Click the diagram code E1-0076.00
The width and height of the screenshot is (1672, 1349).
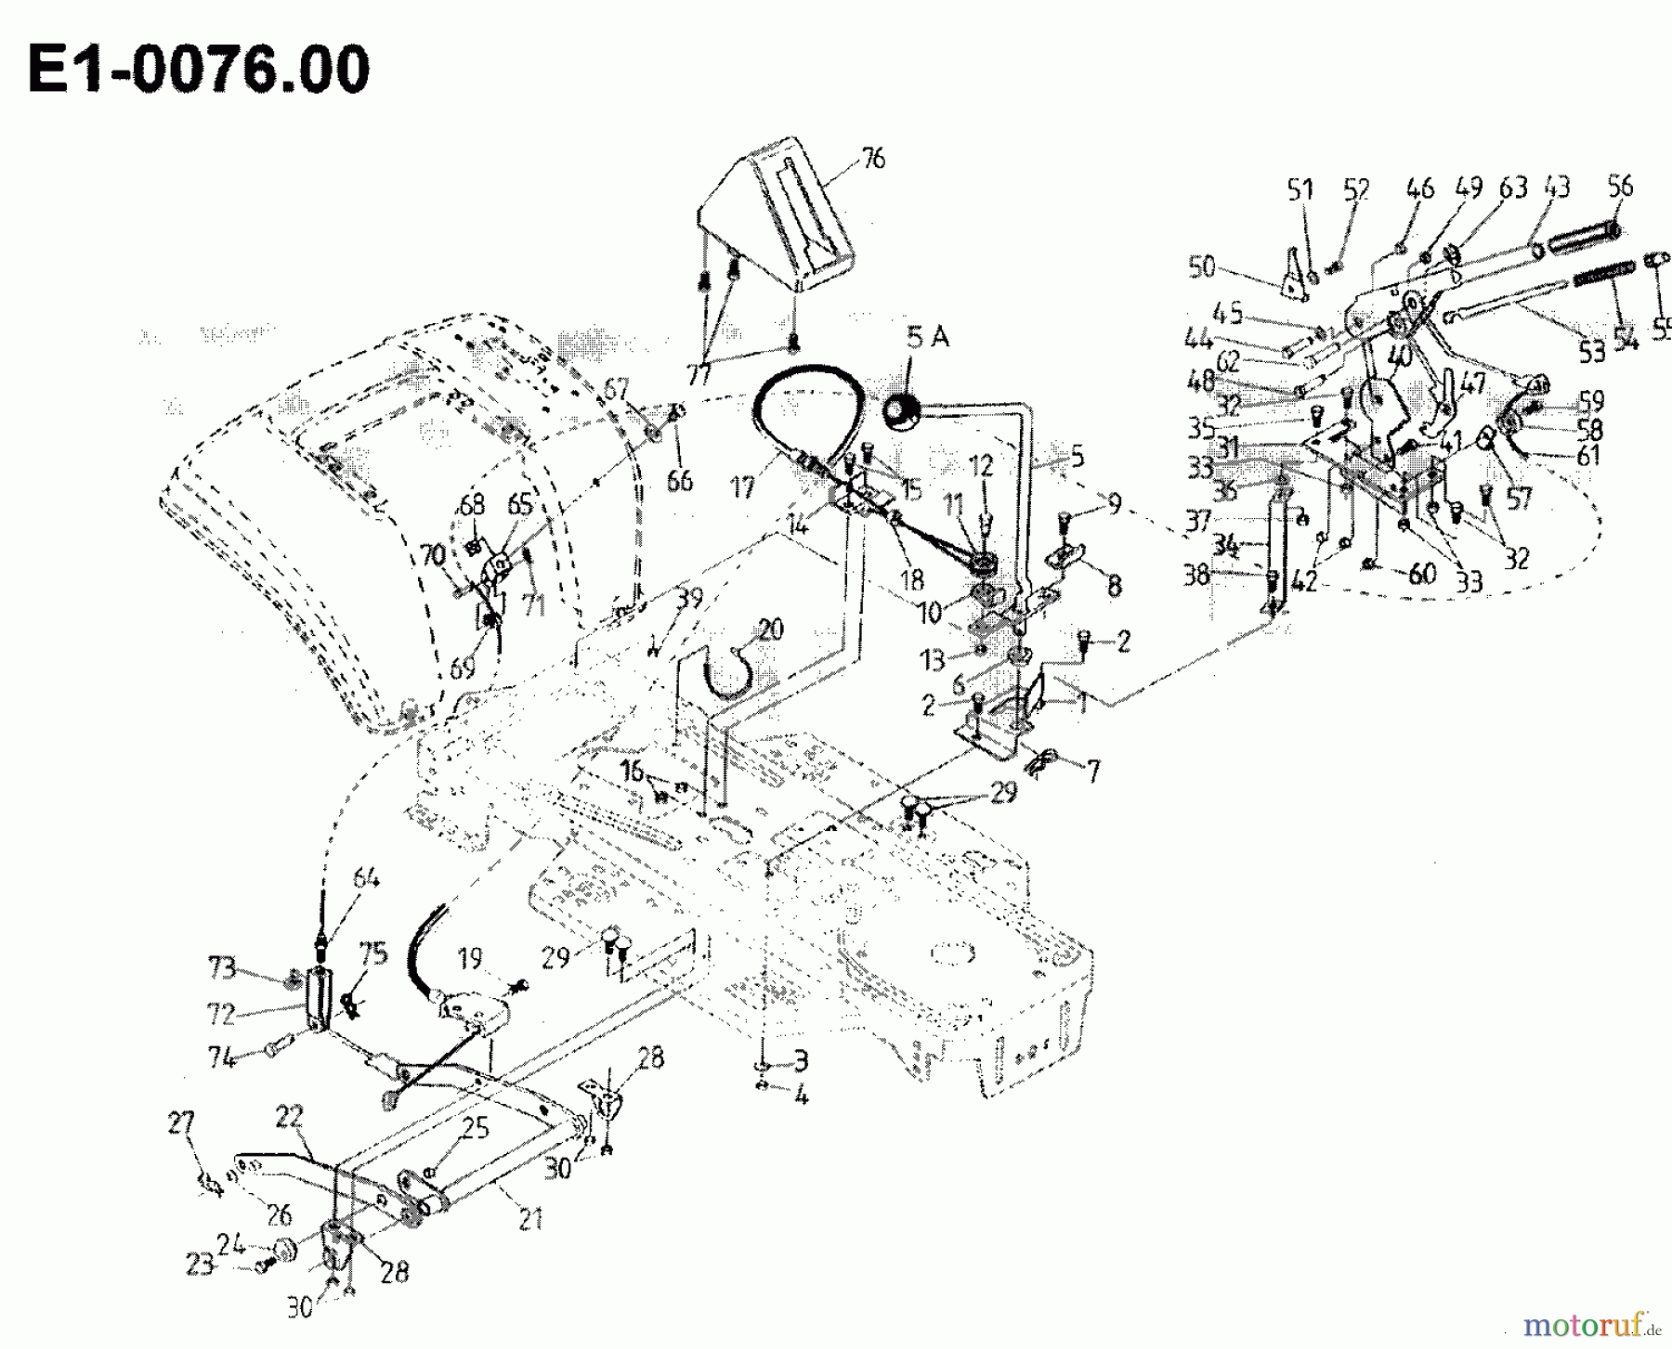click(x=198, y=70)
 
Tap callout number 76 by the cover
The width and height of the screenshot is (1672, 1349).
click(x=872, y=160)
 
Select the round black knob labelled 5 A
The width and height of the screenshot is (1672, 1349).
click(x=899, y=412)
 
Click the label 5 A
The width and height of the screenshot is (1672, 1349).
click(x=927, y=337)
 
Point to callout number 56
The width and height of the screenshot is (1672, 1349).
click(x=1620, y=186)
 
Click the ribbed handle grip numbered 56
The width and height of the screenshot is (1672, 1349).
click(x=1585, y=240)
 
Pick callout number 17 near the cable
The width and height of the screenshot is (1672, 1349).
click(x=743, y=486)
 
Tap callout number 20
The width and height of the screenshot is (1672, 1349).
click(x=770, y=629)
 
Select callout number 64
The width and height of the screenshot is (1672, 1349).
click(x=366, y=877)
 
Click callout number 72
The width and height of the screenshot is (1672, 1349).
click(x=220, y=1014)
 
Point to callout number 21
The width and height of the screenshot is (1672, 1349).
click(x=529, y=1218)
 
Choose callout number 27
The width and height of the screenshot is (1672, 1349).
click(x=180, y=1124)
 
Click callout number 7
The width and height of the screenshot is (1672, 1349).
click(x=1092, y=771)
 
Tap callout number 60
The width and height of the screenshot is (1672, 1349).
click(x=1421, y=574)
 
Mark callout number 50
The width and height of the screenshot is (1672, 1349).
click(x=1201, y=267)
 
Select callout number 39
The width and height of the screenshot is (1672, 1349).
click(x=688, y=600)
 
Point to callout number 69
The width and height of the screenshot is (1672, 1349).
click(x=462, y=668)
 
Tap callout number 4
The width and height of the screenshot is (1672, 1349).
click(x=801, y=1096)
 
